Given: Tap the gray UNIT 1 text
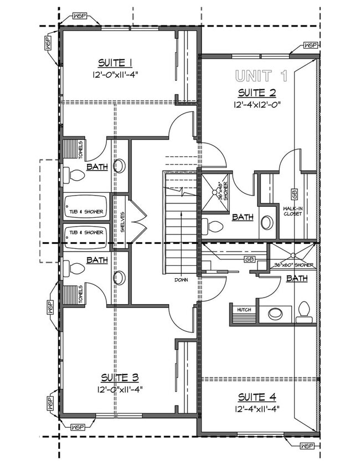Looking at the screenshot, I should tap(262, 75).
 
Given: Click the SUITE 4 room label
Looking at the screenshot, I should tap(258, 397).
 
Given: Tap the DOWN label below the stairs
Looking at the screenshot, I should tap(181, 280).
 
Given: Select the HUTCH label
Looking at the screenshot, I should tap(244, 310).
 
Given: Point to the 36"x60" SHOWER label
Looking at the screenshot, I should tap(294, 265).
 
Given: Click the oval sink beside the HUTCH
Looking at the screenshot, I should tap(275, 314).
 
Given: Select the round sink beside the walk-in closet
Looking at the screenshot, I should tap(267, 223).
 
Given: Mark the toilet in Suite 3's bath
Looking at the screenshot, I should tap(74, 269).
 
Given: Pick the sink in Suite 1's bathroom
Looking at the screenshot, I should tap(119, 166).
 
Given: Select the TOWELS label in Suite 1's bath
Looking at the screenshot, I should tap(80, 148).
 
